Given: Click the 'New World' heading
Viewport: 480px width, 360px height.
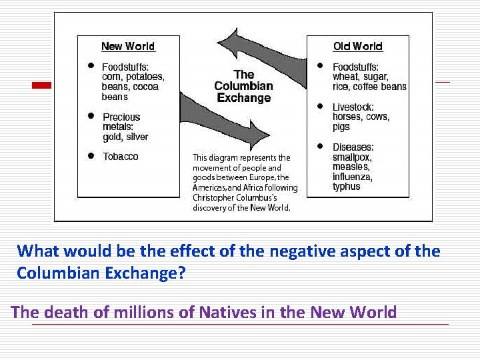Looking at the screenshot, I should [x=127, y=46].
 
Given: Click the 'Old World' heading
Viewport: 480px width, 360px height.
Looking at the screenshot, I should [x=357, y=46].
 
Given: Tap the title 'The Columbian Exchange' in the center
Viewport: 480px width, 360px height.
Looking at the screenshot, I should [x=243, y=86].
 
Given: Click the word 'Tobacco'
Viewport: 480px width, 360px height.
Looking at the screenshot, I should [x=120, y=156].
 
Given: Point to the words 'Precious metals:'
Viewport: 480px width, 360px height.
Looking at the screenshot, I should [x=121, y=122].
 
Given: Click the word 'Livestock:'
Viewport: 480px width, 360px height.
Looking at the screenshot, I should [x=353, y=107].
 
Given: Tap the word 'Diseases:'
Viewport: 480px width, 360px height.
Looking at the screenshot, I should [x=353, y=147].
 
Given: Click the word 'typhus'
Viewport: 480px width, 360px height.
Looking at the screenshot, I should [x=346, y=187].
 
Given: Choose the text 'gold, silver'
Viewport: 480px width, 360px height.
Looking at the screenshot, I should [x=125, y=137].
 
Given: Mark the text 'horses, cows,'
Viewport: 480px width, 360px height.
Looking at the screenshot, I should [x=361, y=117].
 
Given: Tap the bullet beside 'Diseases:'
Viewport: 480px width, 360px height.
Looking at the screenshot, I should [x=321, y=146].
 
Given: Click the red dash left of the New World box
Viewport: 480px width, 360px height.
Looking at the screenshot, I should [x=42, y=85].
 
